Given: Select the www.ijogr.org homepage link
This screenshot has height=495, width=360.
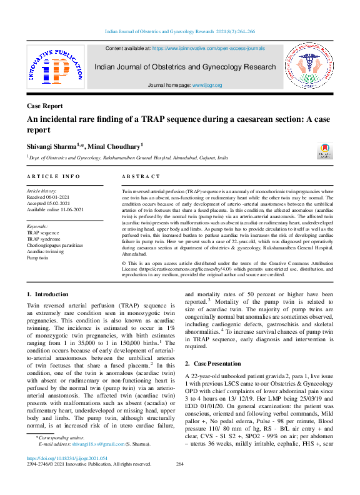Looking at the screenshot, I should click(x=206, y=84).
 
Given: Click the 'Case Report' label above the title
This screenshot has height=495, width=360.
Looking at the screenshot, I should click(x=45, y=106).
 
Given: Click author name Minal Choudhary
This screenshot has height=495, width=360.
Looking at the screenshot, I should click(x=119, y=145).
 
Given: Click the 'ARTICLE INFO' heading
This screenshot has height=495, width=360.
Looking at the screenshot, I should click(x=54, y=177).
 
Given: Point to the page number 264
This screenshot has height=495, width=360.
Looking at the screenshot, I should click(x=180, y=481).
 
